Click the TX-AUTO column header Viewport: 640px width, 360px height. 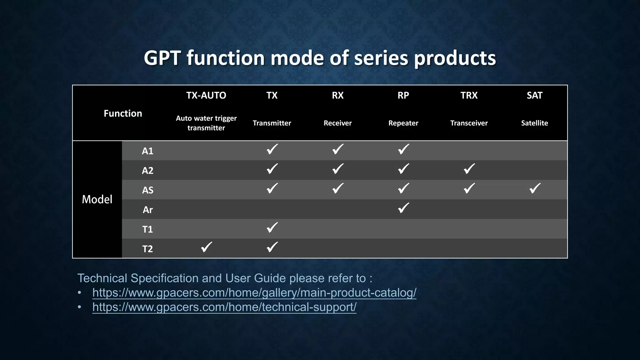(206, 95)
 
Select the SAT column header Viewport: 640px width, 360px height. (534, 95)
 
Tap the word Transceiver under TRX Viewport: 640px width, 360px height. (469, 123)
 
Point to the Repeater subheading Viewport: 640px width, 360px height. (403, 123)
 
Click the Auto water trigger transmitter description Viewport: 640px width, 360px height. (206, 123)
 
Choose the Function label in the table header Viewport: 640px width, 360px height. (123, 113)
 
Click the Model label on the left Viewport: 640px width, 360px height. (97, 199)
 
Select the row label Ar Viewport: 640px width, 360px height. (147, 210)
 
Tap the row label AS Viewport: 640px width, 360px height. (147, 190)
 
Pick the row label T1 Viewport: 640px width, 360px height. (147, 229)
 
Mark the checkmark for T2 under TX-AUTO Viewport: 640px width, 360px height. (207, 247)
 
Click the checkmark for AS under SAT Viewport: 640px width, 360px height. (535, 188)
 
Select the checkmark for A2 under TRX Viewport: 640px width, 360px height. (469, 169)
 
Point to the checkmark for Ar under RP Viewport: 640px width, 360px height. (403, 208)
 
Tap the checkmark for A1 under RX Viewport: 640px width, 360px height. (338, 149)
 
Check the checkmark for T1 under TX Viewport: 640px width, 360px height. (272, 227)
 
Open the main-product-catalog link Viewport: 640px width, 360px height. (254, 293)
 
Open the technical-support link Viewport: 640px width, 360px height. (224, 307)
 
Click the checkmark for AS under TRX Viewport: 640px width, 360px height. (469, 188)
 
